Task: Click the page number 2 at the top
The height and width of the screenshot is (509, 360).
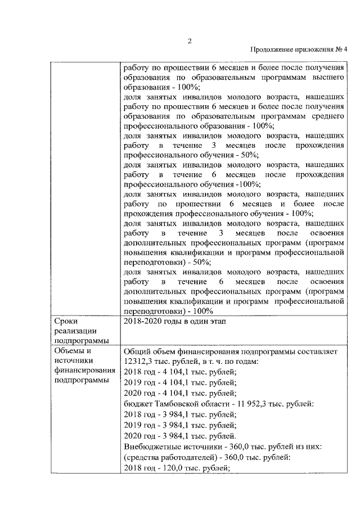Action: coord(190,39)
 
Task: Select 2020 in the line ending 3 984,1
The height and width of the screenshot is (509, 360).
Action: coord(132,435)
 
